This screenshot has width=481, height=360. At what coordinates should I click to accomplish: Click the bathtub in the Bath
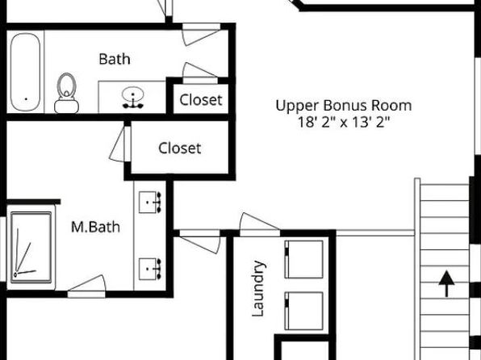tap(25, 72)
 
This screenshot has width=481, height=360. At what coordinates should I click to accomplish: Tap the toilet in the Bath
tap(66, 93)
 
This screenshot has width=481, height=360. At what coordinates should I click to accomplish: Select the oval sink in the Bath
tap(133, 94)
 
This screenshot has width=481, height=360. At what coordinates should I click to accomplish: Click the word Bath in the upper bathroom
tap(115, 59)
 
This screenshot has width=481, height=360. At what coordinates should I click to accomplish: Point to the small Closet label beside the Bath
tap(201, 100)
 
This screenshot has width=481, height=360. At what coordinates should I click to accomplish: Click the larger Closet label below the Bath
tap(180, 149)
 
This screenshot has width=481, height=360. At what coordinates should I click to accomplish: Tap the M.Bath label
tap(95, 227)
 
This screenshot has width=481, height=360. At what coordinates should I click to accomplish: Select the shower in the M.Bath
tap(31, 247)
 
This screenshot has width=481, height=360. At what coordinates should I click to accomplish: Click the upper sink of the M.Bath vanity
tap(150, 203)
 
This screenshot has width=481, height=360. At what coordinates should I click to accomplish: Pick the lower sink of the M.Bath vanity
tap(150, 269)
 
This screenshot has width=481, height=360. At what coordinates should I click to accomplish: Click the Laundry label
tap(257, 288)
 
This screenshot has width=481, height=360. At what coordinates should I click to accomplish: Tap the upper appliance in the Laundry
tap(303, 259)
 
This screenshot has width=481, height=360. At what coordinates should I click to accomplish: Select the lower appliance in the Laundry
tap(303, 311)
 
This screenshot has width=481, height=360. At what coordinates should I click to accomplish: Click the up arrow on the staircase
tap(446, 284)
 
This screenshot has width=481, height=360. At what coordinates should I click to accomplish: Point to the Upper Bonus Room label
tap(344, 107)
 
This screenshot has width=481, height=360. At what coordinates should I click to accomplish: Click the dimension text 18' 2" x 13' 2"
tap(344, 123)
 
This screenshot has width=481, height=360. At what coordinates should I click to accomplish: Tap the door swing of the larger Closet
tap(117, 144)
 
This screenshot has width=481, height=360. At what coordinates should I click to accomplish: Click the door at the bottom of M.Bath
tap(86, 287)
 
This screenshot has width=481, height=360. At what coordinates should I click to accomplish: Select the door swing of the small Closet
tap(200, 70)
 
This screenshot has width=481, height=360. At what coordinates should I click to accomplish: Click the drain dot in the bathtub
tap(26, 99)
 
